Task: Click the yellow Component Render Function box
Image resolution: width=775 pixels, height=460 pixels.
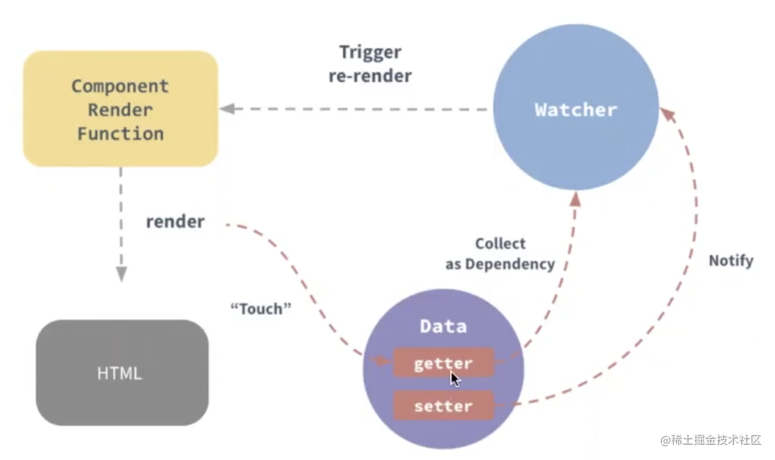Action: [120, 108]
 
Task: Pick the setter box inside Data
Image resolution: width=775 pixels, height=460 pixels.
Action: [444, 406]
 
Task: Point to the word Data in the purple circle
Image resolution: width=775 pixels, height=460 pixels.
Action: [444, 326]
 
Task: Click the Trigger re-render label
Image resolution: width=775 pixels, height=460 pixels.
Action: [370, 64]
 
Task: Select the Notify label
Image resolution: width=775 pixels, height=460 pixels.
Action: [731, 260]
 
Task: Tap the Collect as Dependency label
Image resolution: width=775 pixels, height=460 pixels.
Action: [500, 254]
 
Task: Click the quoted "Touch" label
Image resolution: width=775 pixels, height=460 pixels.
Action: [260, 309]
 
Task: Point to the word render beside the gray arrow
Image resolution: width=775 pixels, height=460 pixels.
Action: [175, 222]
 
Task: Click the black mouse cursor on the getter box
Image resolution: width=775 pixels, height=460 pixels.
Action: [455, 378]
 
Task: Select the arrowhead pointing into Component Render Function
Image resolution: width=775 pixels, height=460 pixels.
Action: [227, 108]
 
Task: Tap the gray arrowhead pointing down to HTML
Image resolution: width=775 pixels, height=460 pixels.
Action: [121, 273]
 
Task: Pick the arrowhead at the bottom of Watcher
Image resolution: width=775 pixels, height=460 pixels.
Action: [576, 200]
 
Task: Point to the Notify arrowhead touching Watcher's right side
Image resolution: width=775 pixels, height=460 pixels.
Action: [667, 115]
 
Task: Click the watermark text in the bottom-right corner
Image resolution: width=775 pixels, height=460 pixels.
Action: [711, 440]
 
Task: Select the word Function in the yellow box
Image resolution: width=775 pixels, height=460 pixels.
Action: [120, 134]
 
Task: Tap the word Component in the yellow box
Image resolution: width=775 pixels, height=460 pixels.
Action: [120, 86]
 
